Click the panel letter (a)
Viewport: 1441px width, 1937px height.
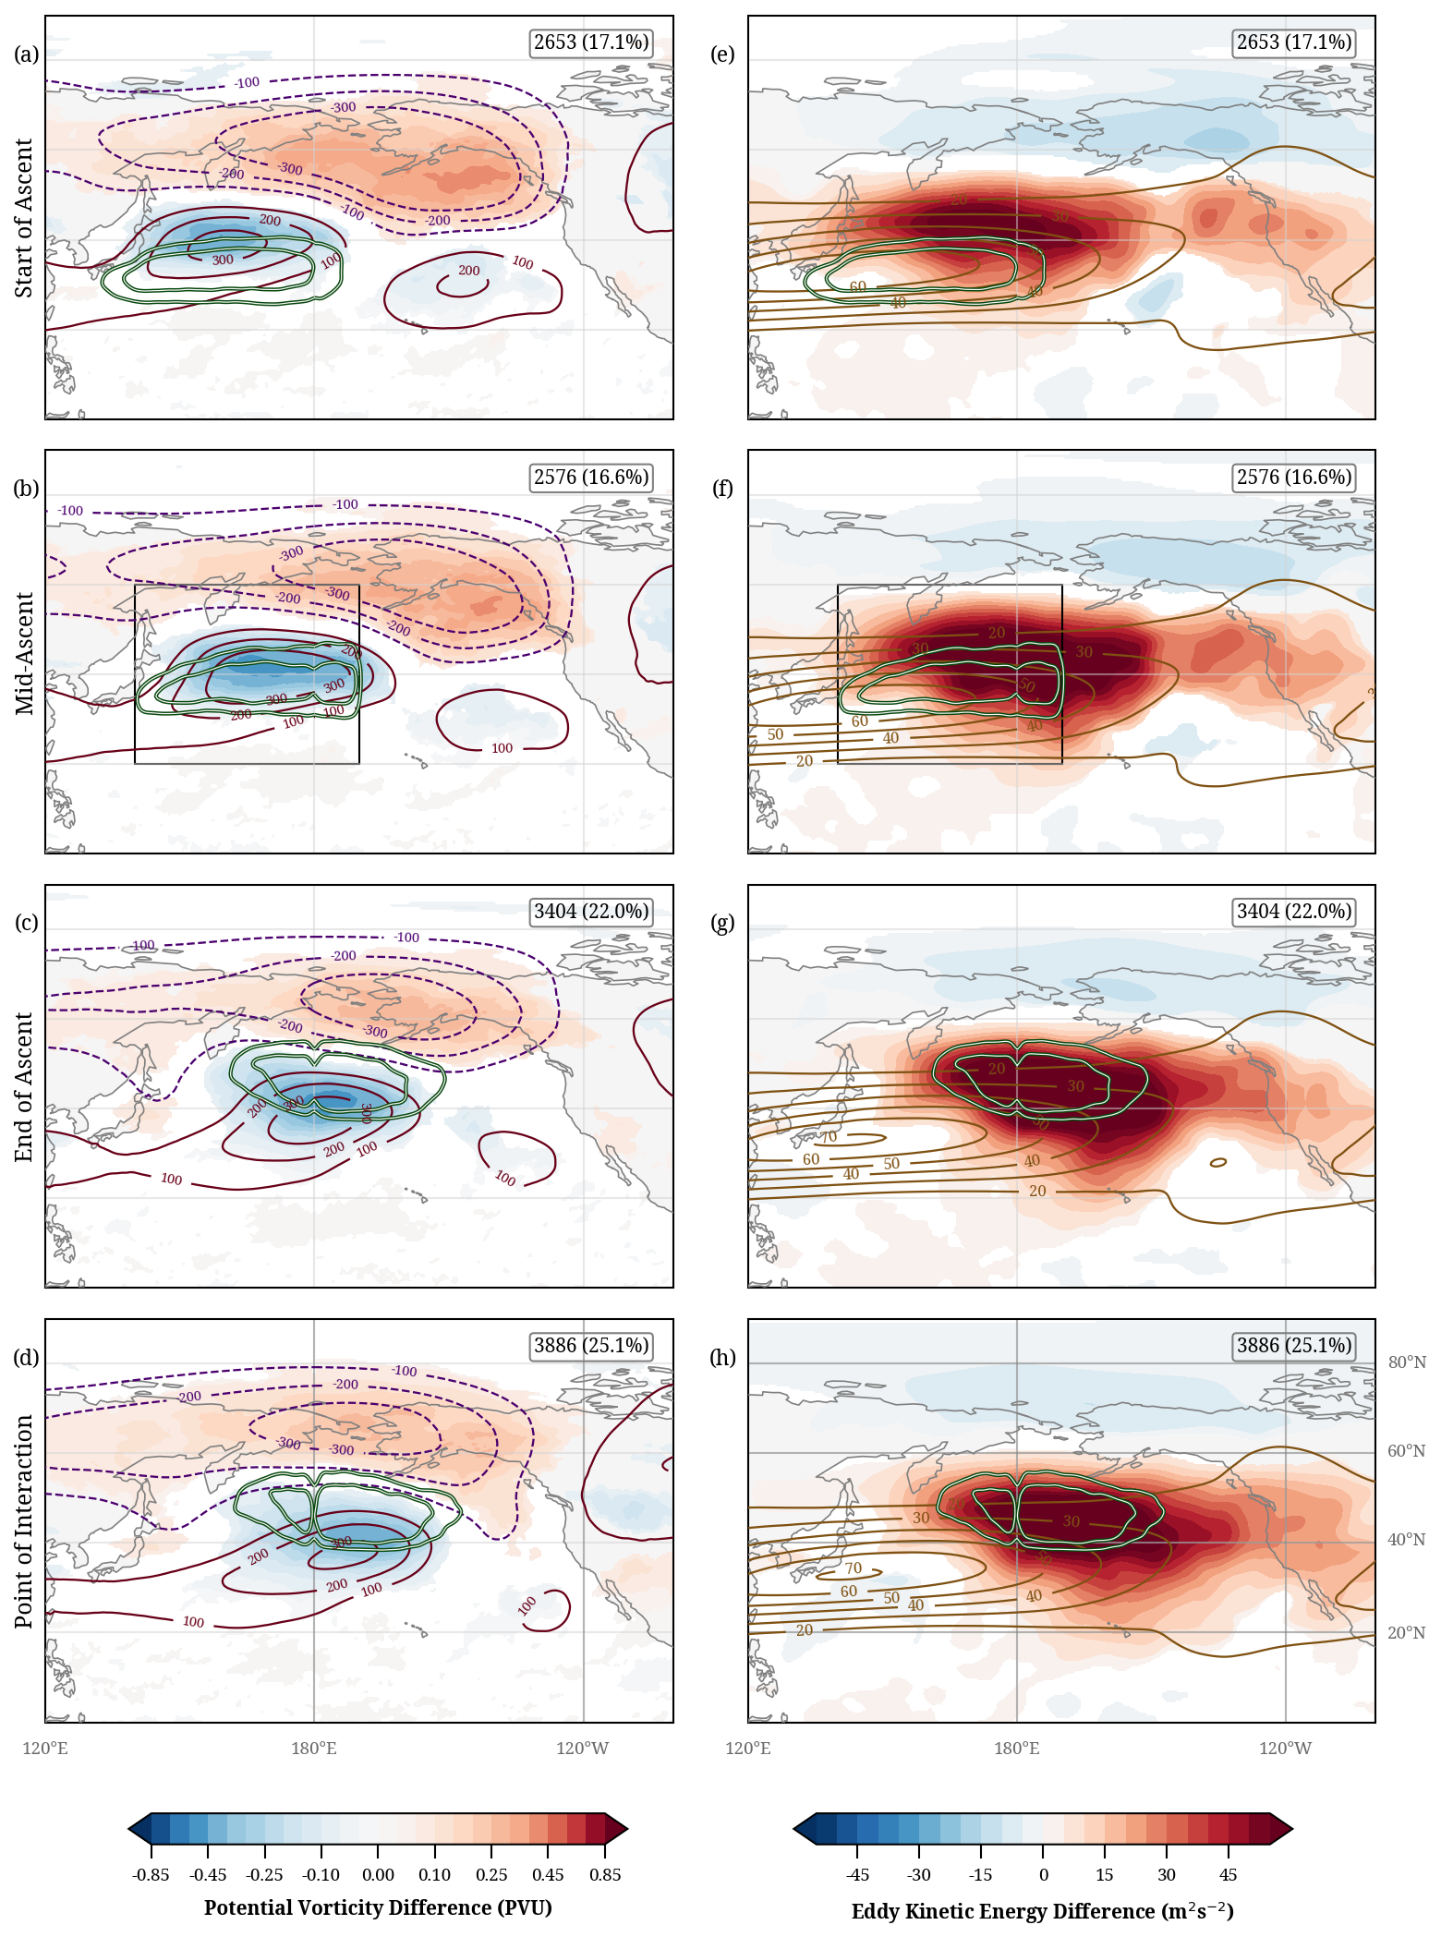[26, 54]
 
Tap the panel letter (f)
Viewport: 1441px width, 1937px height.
[722, 489]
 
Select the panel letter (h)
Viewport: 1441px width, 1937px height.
[722, 1358]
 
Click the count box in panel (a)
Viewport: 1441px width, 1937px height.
[591, 42]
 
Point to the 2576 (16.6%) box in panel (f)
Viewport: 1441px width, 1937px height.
[1294, 478]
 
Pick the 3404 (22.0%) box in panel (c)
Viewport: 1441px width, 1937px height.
[591, 912]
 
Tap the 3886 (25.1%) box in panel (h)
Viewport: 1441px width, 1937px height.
[1294, 1346]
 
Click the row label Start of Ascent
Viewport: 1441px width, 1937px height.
[24, 218]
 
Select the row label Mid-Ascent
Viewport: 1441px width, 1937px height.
[24, 653]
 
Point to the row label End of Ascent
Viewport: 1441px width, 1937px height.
[24, 1087]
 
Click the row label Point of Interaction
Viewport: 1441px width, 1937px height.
[24, 1521]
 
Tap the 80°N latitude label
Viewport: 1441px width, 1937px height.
[1407, 1363]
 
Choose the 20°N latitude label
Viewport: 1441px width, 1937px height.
[1407, 1633]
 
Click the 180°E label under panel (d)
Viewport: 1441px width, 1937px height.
[314, 1749]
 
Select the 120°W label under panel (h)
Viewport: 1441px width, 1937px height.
[1285, 1749]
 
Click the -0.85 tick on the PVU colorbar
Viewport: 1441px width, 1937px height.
[151, 1875]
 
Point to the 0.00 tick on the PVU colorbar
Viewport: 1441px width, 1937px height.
[378, 1875]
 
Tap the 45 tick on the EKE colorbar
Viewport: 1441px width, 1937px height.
[1228, 1875]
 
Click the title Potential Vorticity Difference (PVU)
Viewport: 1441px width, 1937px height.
[378, 1908]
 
